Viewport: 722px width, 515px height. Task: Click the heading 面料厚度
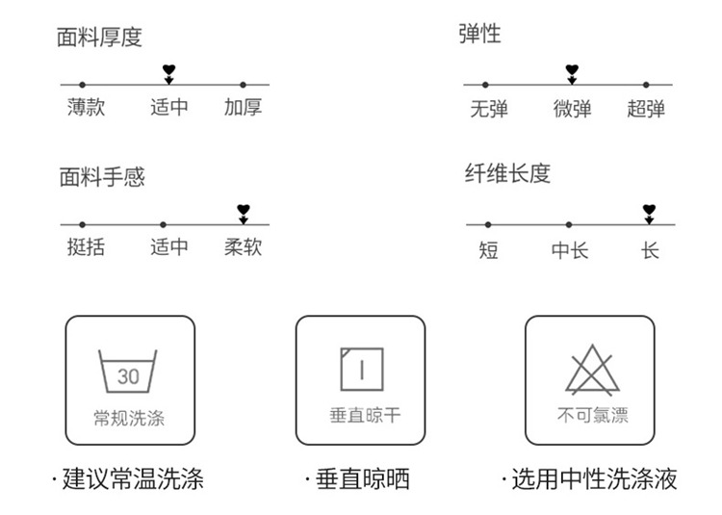point(100,38)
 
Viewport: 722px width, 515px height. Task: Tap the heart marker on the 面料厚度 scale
point(169,71)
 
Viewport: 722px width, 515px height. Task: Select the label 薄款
point(86,107)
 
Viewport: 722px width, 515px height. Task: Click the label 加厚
point(243,107)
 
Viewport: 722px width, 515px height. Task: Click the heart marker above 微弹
point(572,71)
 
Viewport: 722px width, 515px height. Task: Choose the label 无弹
point(489,109)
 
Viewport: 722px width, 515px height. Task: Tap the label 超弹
point(646,109)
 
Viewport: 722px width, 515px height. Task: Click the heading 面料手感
point(100,178)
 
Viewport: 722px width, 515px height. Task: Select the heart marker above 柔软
point(244,210)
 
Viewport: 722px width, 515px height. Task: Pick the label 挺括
point(86,247)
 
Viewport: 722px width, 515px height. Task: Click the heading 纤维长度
point(508,174)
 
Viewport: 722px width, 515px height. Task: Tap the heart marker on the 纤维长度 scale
point(650,211)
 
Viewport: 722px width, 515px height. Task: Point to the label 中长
point(570,250)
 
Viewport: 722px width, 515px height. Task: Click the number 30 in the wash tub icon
point(128,376)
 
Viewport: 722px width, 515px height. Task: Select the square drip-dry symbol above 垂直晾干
point(361,370)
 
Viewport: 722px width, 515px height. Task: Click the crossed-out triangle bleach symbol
point(592,370)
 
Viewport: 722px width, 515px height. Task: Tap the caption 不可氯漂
point(592,417)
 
